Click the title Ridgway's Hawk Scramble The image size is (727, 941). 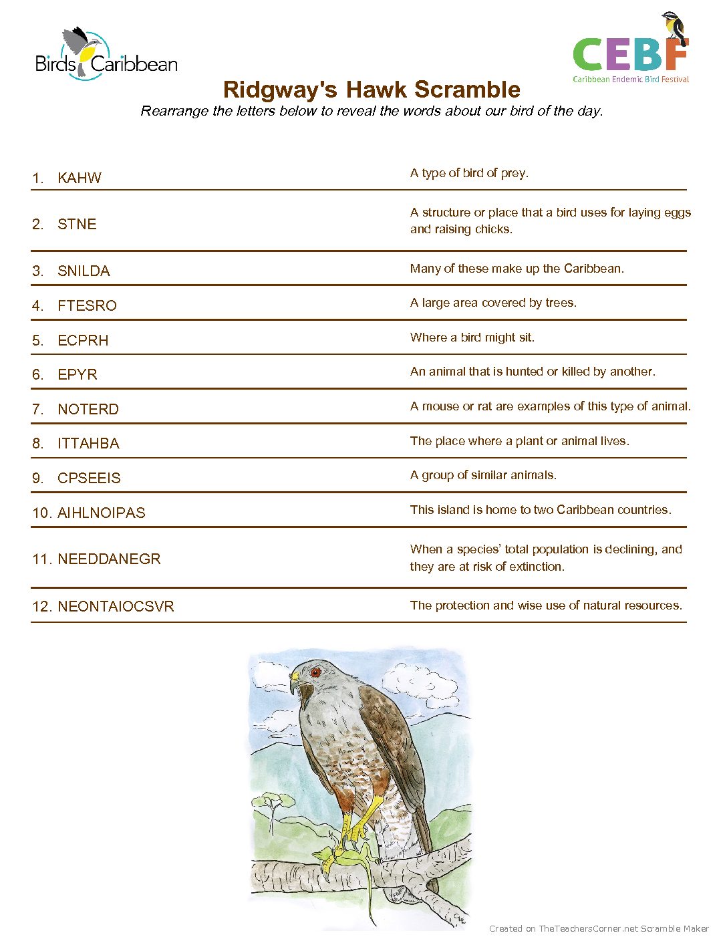tap(372, 90)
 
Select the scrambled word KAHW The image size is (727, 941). tap(80, 178)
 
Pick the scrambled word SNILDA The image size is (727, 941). tap(84, 271)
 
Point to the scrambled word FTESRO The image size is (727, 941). tap(87, 305)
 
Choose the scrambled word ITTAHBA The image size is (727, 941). tap(88, 443)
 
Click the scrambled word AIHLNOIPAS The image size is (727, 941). tap(101, 513)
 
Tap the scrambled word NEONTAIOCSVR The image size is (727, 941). tap(116, 606)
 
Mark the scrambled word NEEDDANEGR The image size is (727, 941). tap(109, 559)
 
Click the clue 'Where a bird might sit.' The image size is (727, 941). tap(472, 338)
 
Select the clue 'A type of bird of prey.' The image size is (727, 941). tap(469, 173)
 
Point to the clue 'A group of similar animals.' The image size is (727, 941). tap(483, 475)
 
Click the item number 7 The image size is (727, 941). tap(37, 409)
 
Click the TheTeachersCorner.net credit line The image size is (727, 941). tap(599, 928)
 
